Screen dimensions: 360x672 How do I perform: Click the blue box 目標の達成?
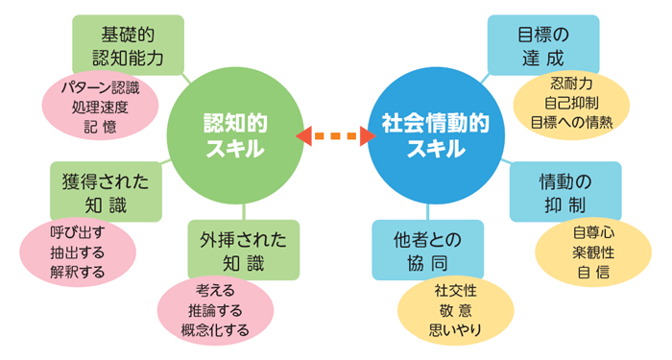pyautogui.click(x=542, y=45)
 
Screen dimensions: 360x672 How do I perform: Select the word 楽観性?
pyautogui.click(x=591, y=252)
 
